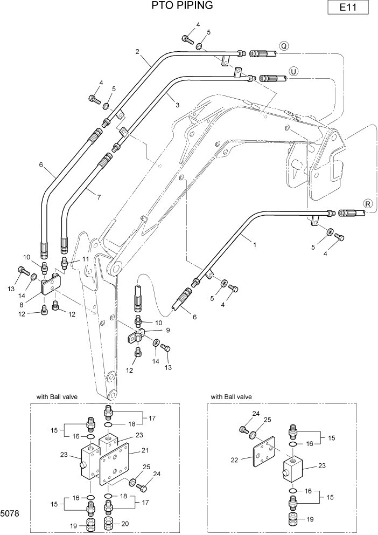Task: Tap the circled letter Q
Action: tap(284, 46)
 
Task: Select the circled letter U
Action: tap(293, 71)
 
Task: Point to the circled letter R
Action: tap(368, 203)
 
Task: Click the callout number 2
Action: tap(138, 52)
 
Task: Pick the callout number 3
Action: tap(177, 105)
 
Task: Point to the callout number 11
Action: tap(85, 259)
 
